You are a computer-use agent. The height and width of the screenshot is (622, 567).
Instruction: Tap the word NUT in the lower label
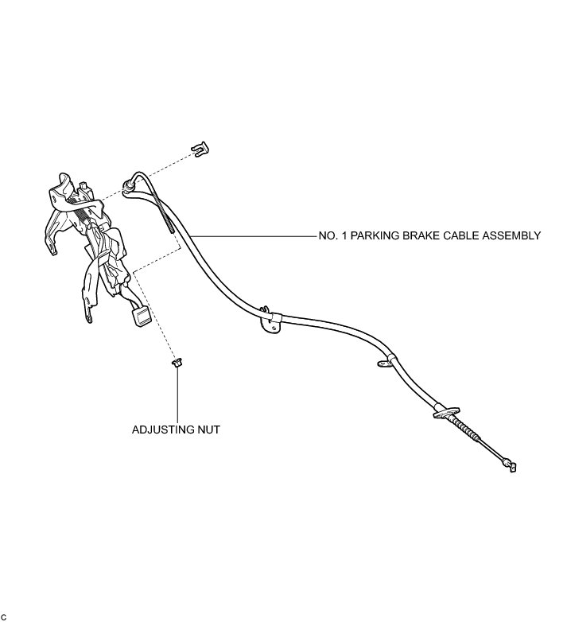point(208,430)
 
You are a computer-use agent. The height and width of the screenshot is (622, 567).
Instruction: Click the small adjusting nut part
point(177,364)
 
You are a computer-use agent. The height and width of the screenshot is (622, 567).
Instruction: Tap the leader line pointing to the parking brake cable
point(254,235)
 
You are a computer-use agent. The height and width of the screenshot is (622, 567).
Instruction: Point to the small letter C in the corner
point(4,617)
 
